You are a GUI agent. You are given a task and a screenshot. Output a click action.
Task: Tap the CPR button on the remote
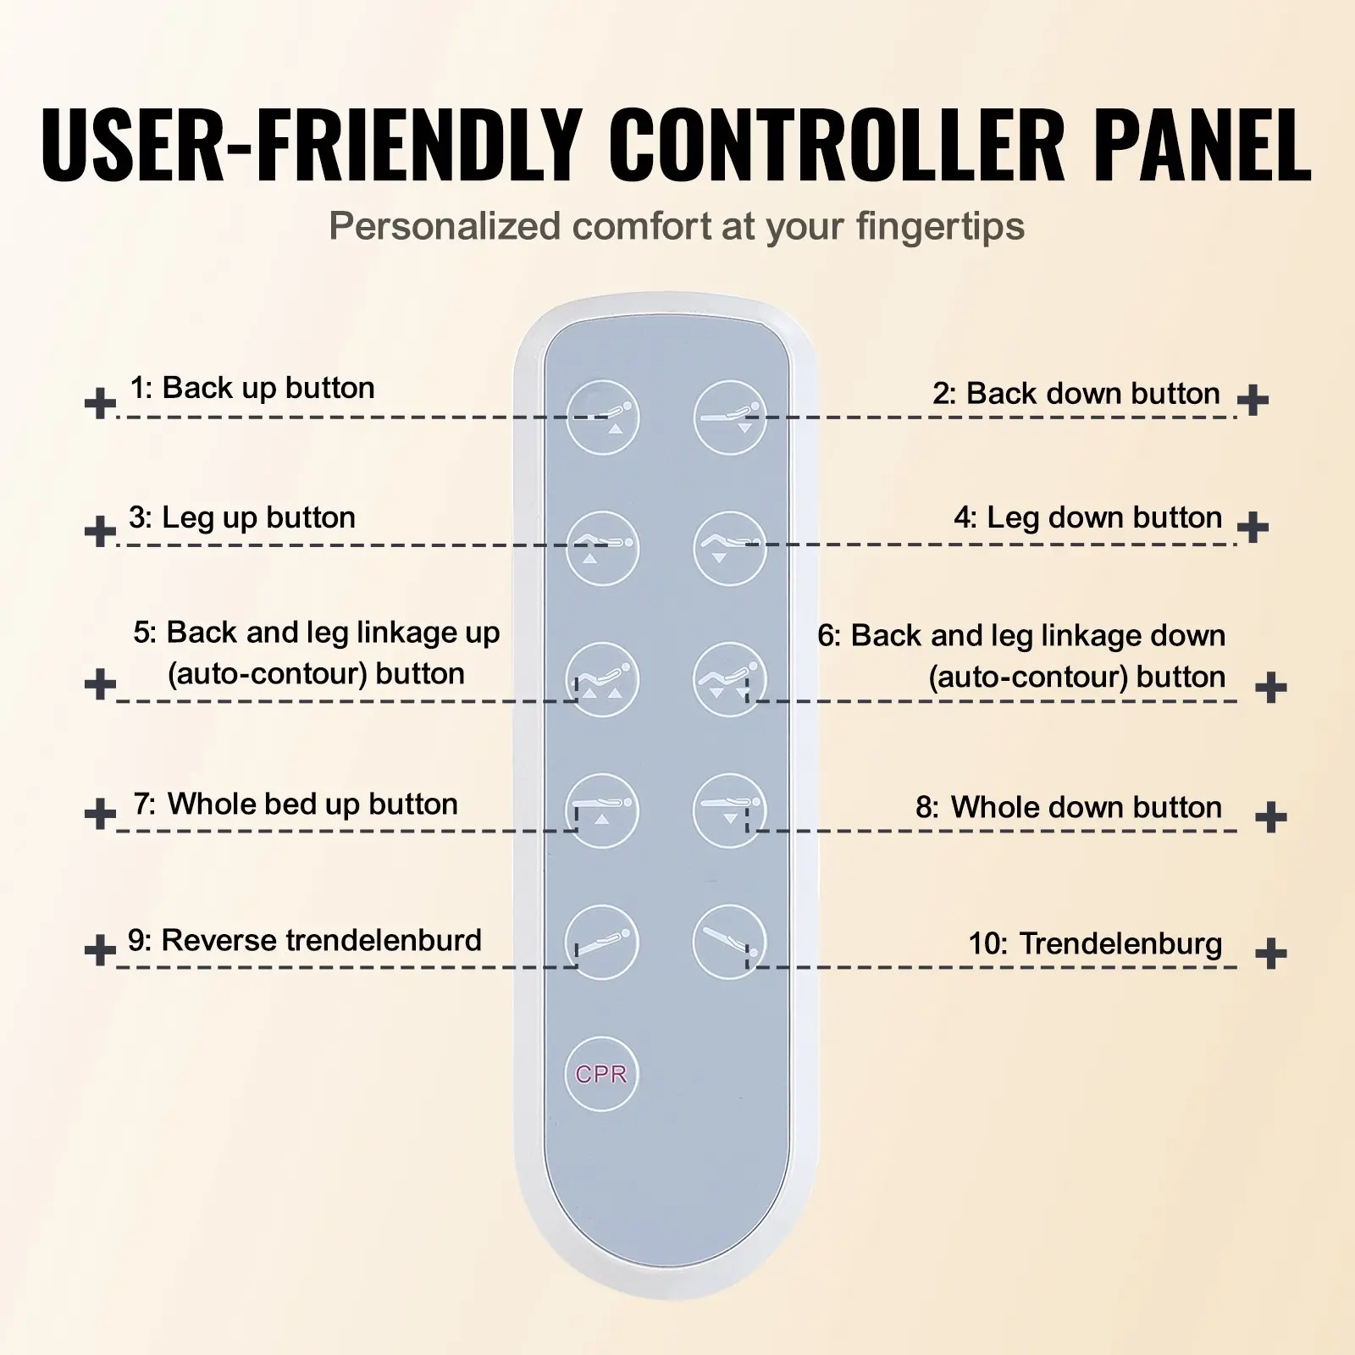pos(601,1074)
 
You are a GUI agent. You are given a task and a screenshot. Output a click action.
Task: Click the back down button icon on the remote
pos(730,418)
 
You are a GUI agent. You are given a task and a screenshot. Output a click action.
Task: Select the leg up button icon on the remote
pos(602,548)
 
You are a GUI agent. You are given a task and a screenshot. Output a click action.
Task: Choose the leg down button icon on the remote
pos(730,548)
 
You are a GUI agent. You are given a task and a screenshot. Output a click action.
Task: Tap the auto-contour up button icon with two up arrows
pos(602,679)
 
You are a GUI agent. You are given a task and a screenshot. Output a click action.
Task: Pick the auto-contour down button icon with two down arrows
pos(730,679)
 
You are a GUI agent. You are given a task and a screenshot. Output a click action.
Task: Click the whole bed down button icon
pos(730,810)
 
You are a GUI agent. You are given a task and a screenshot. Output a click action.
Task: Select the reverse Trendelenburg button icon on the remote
pos(602,942)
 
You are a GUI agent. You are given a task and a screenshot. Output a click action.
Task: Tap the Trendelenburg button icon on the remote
pos(730,942)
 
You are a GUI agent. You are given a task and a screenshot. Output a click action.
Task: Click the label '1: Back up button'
pos(252,388)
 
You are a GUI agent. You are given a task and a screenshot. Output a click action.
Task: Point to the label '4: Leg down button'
pos(1088,517)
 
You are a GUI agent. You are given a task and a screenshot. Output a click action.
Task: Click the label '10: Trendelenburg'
pos(1096,943)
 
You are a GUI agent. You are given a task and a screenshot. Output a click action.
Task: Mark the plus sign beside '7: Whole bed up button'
pos(101,814)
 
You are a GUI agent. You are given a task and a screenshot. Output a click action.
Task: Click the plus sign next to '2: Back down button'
pos(1253,399)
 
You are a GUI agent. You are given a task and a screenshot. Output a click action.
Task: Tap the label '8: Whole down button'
pos(1070,807)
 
